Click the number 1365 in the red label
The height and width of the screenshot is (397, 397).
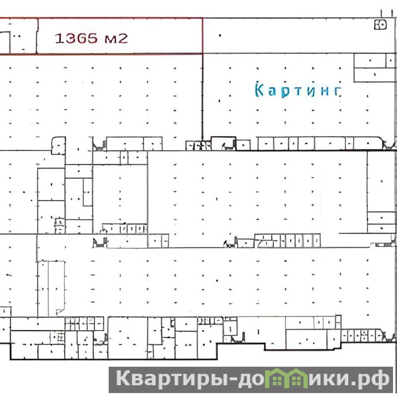[76, 39]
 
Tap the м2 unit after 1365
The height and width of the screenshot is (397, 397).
[116, 39]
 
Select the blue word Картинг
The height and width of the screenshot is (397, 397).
[298, 90]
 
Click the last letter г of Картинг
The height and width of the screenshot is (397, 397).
[337, 91]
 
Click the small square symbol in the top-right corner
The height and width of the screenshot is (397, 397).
[380, 24]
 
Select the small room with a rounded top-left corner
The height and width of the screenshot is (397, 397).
[59, 146]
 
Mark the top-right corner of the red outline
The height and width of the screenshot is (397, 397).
[202, 18]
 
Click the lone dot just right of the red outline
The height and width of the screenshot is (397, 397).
[220, 35]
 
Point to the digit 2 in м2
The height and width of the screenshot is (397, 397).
[123, 39]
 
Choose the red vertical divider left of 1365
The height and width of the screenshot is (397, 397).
[37, 36]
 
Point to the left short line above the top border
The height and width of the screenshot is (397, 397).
[381, 14]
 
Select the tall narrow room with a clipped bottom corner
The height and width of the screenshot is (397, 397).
[56, 288]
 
